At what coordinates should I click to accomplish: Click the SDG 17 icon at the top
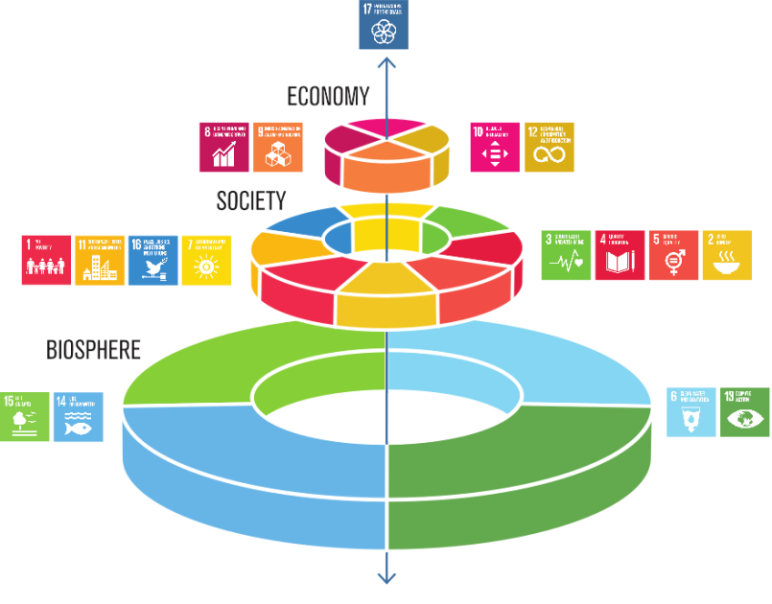click(x=384, y=25)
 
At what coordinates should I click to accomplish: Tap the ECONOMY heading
click(x=328, y=96)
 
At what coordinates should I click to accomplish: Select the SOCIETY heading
click(x=251, y=200)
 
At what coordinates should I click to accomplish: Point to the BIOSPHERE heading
click(x=94, y=350)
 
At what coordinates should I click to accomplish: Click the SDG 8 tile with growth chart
click(x=223, y=147)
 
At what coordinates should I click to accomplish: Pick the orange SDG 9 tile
click(x=278, y=147)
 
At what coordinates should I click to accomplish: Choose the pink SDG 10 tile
click(x=495, y=147)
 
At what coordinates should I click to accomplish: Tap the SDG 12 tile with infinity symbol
click(x=550, y=147)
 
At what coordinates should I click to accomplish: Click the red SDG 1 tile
click(x=46, y=260)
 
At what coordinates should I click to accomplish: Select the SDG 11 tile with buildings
click(x=100, y=260)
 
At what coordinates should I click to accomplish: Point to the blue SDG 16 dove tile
click(x=153, y=260)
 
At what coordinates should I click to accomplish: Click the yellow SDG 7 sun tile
click(x=207, y=260)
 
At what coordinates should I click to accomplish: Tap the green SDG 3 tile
click(x=566, y=255)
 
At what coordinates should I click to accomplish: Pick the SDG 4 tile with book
click(x=620, y=255)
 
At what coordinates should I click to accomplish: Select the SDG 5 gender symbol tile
click(x=673, y=255)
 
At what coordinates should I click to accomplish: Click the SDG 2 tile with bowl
click(x=727, y=255)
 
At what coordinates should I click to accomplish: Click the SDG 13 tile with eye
click(x=744, y=411)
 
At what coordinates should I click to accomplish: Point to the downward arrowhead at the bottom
click(x=386, y=577)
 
